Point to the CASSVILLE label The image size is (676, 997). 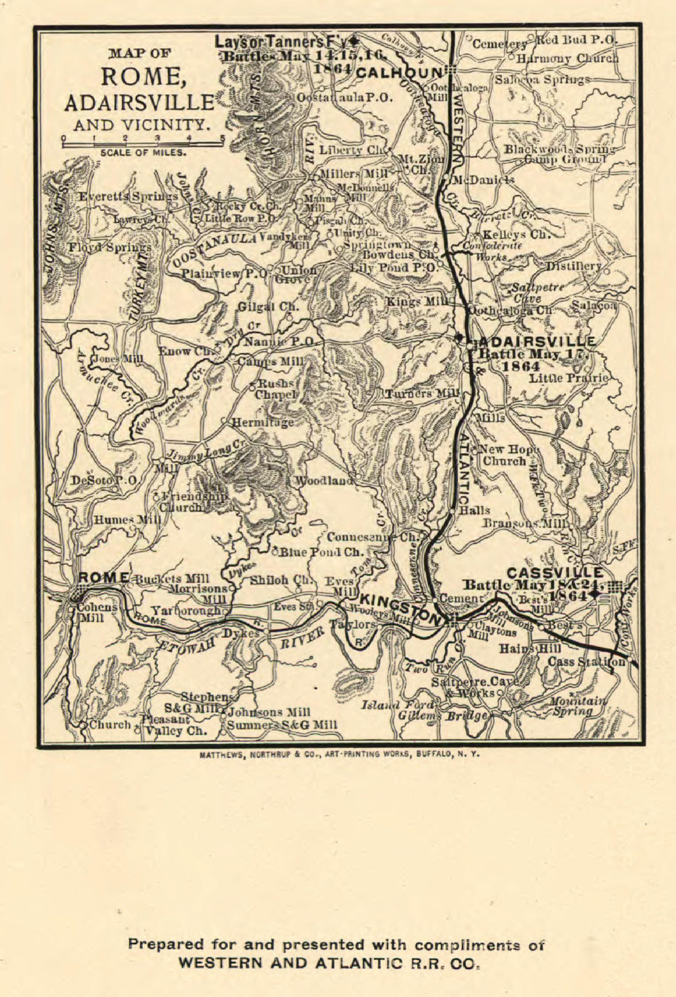(x=555, y=572)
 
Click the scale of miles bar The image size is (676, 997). (x=143, y=144)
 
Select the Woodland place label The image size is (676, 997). (x=324, y=480)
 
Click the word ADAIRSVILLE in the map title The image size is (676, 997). (x=139, y=102)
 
